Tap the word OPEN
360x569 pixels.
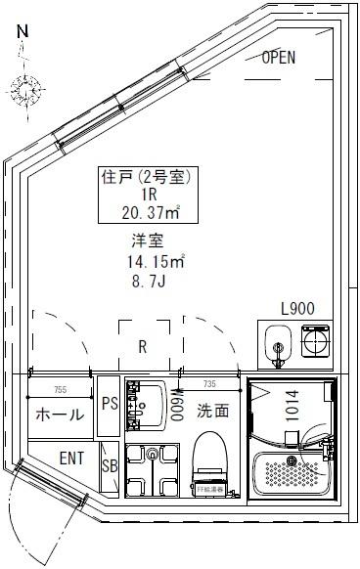[x=278, y=58]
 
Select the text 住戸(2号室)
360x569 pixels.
[x=144, y=178]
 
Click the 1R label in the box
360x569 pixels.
[x=144, y=196]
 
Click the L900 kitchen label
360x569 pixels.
[x=296, y=308]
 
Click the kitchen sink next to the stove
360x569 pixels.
[x=277, y=345]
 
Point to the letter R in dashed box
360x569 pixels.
[x=143, y=345]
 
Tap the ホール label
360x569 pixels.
[x=59, y=415]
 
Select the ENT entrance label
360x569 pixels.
[x=71, y=457]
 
